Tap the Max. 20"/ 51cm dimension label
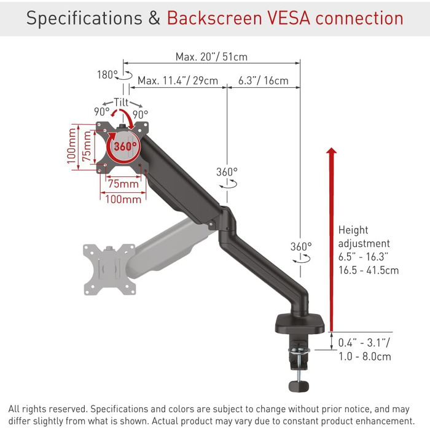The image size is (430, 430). click(211, 57)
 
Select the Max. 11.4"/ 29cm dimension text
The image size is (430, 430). click(178, 80)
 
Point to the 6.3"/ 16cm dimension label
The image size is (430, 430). click(263, 80)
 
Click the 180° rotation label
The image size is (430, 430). click(107, 74)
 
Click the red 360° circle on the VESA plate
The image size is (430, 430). click(125, 146)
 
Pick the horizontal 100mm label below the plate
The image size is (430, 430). click(124, 199)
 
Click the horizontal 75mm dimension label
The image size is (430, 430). click(123, 184)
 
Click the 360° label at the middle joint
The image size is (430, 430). click(227, 172)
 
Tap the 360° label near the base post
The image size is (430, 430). click(301, 246)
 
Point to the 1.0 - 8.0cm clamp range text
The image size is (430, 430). click(365, 356)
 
